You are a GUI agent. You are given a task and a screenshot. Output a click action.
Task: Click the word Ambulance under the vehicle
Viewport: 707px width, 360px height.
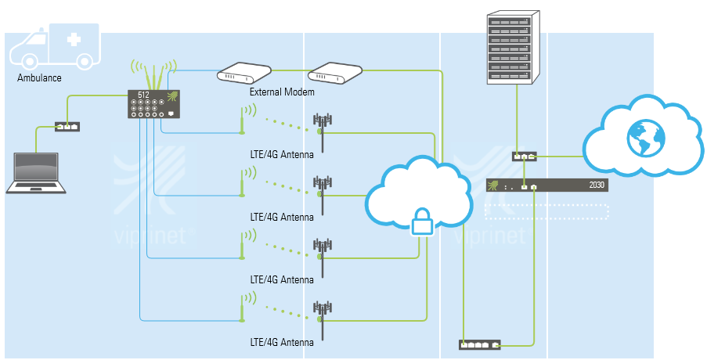coord(39,78)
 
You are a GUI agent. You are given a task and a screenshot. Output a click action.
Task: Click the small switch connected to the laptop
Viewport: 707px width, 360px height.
coord(67,126)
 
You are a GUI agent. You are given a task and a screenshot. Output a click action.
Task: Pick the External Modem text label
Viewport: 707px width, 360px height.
coord(282,92)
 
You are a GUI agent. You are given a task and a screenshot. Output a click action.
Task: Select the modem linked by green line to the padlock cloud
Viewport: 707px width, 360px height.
coord(335,74)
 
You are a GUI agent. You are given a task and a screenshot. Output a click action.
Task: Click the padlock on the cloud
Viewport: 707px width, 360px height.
coord(422,221)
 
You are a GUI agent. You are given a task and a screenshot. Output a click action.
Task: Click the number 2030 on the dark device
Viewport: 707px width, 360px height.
coord(597,186)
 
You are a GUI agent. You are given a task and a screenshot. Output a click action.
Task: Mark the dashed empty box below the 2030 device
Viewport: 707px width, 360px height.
coord(546,211)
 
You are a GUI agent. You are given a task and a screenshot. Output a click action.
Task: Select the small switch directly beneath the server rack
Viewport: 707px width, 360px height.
coord(524,156)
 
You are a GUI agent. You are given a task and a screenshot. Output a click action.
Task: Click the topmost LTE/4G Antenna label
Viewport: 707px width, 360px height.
coord(282,154)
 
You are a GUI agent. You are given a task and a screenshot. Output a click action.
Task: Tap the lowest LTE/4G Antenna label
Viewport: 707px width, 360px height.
coord(282,342)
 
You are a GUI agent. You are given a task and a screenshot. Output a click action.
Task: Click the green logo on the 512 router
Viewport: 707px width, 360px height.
coord(172,96)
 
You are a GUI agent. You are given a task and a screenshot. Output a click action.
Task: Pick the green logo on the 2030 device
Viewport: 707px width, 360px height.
coord(493,185)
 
